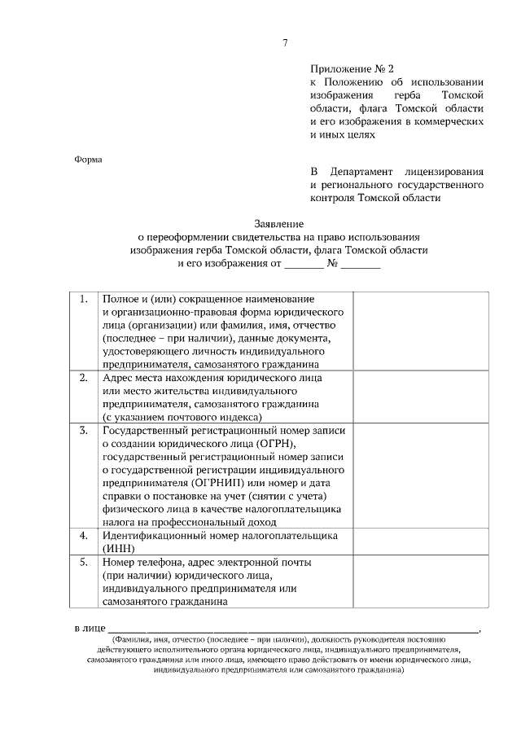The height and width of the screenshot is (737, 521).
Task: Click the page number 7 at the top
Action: pyautogui.click(x=285, y=42)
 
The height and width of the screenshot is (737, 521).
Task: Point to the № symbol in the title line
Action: pyautogui.click(x=332, y=264)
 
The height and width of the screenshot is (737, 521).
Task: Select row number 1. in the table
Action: pyautogui.click(x=83, y=299)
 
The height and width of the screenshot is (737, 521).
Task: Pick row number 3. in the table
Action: pyautogui.click(x=83, y=430)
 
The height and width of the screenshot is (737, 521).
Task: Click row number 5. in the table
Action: pyautogui.click(x=83, y=562)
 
